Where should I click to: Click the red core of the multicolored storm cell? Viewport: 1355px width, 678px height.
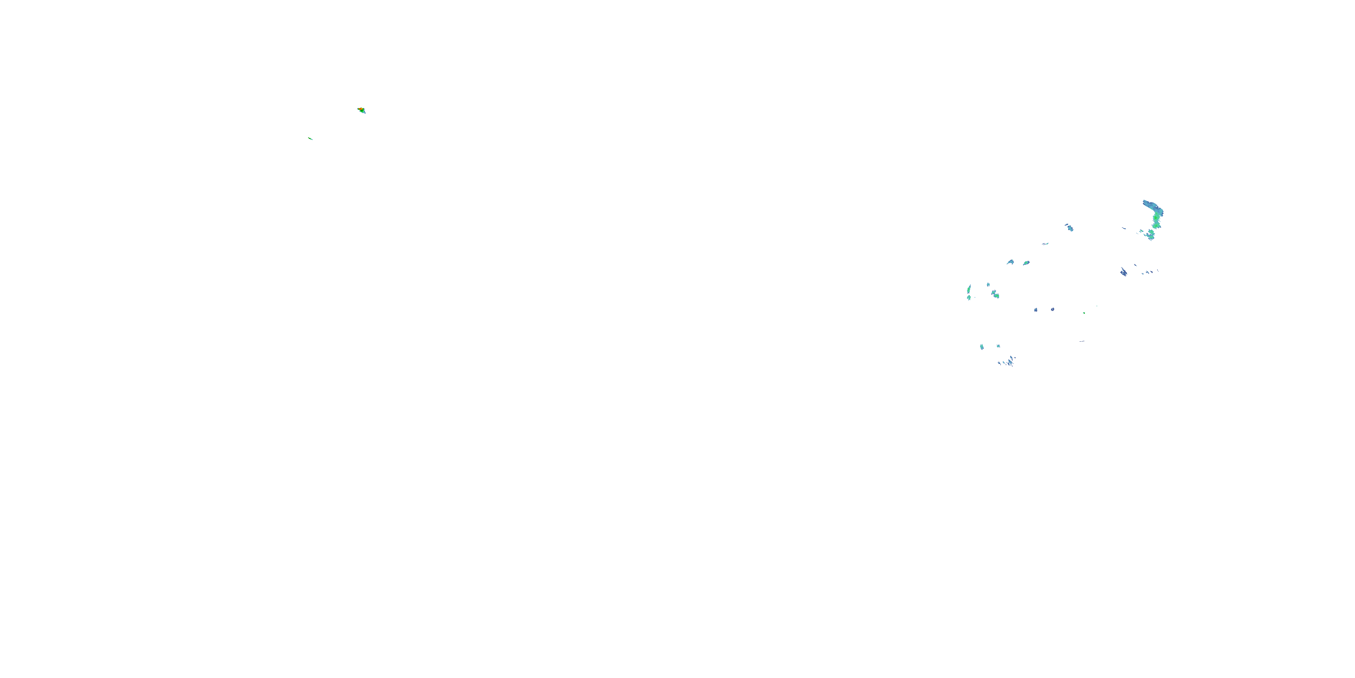pyautogui.click(x=361, y=109)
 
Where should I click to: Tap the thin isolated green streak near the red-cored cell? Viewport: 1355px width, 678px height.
pyautogui.click(x=310, y=138)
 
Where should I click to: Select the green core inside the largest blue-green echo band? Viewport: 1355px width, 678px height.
pyautogui.click(x=1156, y=218)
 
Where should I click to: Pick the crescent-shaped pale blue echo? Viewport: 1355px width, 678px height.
pyautogui.click(x=1011, y=262)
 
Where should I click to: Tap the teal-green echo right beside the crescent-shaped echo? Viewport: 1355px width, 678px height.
pyautogui.click(x=1027, y=263)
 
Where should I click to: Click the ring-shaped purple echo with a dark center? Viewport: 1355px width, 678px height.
pyautogui.click(x=1052, y=310)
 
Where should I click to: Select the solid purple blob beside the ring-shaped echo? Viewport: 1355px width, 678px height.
pyautogui.click(x=1036, y=310)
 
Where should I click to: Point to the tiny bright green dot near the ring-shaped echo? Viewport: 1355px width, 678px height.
pyautogui.click(x=1084, y=313)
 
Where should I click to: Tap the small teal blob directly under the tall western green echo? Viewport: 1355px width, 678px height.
pyautogui.click(x=969, y=298)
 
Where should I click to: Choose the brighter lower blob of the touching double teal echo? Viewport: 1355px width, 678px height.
pyautogui.click(x=997, y=296)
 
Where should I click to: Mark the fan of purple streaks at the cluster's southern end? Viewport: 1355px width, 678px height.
pyautogui.click(x=1010, y=362)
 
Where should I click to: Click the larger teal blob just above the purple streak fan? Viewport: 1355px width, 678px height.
pyautogui.click(x=982, y=347)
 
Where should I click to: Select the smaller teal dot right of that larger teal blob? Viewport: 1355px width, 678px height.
pyautogui.click(x=998, y=346)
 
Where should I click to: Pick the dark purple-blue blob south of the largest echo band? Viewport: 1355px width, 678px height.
pyautogui.click(x=1124, y=272)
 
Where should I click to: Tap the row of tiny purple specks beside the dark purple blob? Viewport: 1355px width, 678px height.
pyautogui.click(x=1148, y=273)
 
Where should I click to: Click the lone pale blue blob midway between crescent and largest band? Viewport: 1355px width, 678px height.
pyautogui.click(x=1070, y=228)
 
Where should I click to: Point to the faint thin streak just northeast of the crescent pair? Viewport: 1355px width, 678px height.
pyautogui.click(x=1046, y=244)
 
